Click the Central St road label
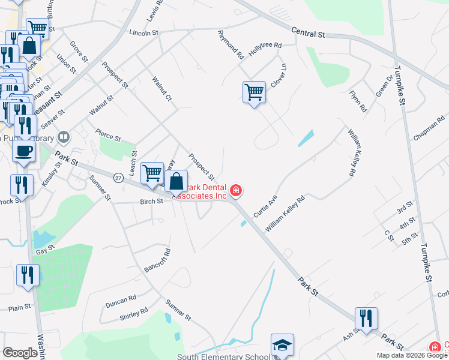point(308,34)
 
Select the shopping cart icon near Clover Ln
point(254,93)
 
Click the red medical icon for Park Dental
point(236,190)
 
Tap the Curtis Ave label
point(265,206)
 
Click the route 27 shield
point(118,178)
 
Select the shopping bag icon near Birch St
point(176,181)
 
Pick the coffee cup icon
point(24,151)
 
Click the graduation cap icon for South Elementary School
point(282,346)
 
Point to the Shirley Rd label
point(134,314)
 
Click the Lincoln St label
point(143,32)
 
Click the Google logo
point(20,353)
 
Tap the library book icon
point(64,137)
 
